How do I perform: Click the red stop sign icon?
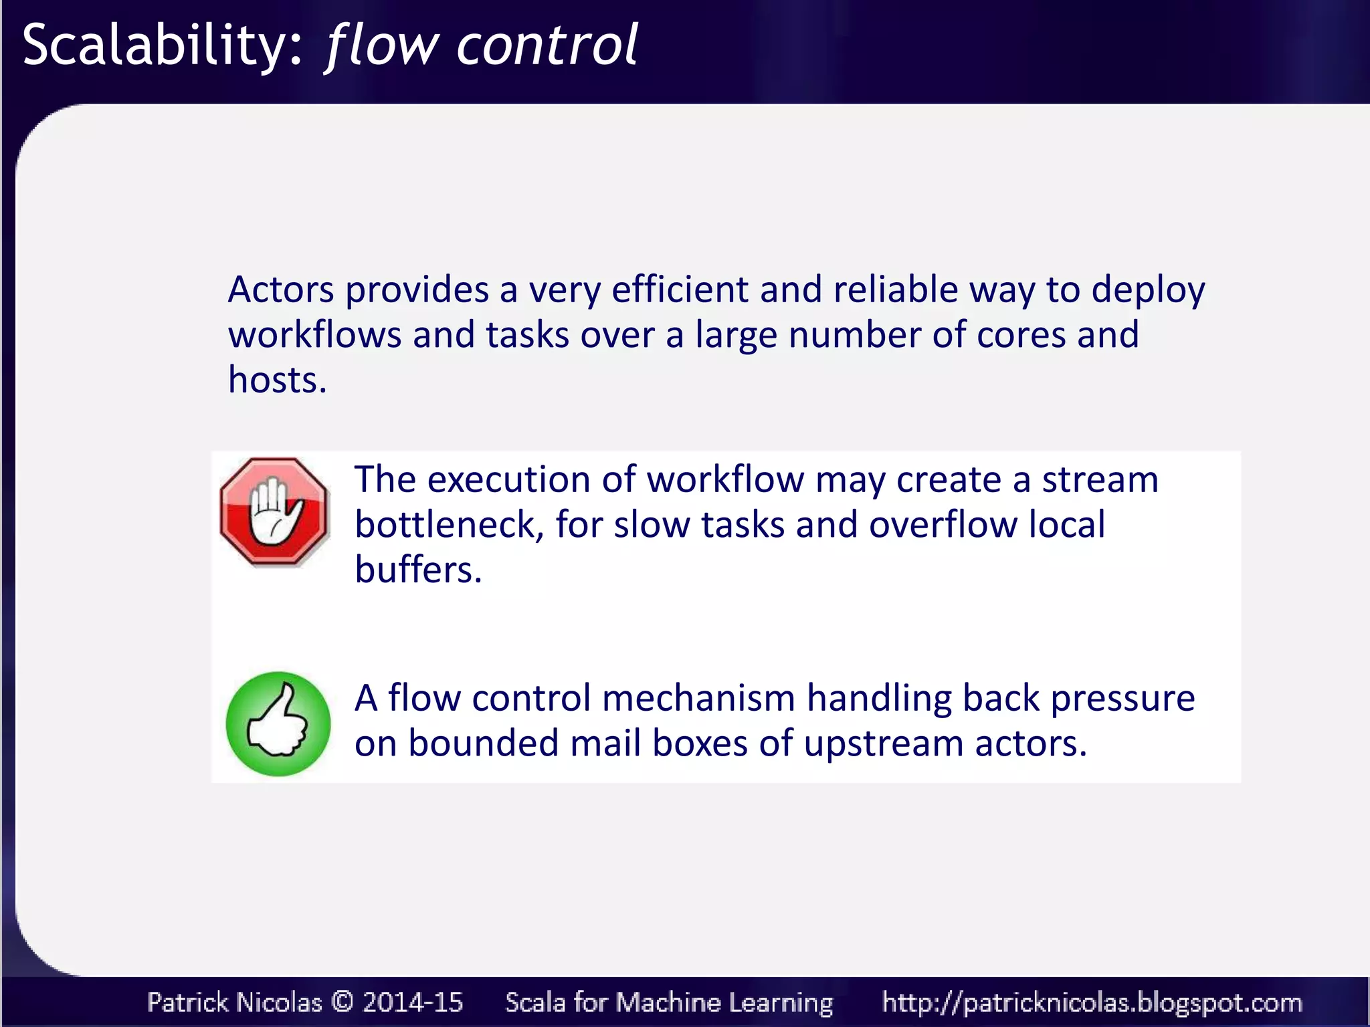pos(274,512)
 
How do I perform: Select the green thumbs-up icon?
pos(278,723)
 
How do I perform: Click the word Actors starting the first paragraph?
pos(280,290)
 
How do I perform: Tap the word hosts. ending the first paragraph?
pos(277,380)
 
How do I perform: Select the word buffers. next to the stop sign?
pos(418,570)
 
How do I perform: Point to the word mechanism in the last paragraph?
pos(698,698)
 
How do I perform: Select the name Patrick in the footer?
pos(188,1002)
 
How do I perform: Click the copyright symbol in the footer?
pos(342,1002)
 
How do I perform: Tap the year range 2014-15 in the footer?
pos(412,1002)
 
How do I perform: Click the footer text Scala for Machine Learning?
pos(669,1002)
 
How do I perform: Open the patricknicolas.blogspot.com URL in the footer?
pos(1092,1002)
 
